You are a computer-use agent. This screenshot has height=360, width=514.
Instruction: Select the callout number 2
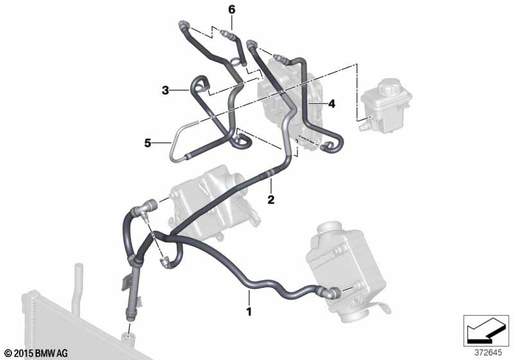point(271,199)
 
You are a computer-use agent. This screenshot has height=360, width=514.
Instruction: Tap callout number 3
point(165,91)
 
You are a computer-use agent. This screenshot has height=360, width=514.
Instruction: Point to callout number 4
point(332,104)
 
